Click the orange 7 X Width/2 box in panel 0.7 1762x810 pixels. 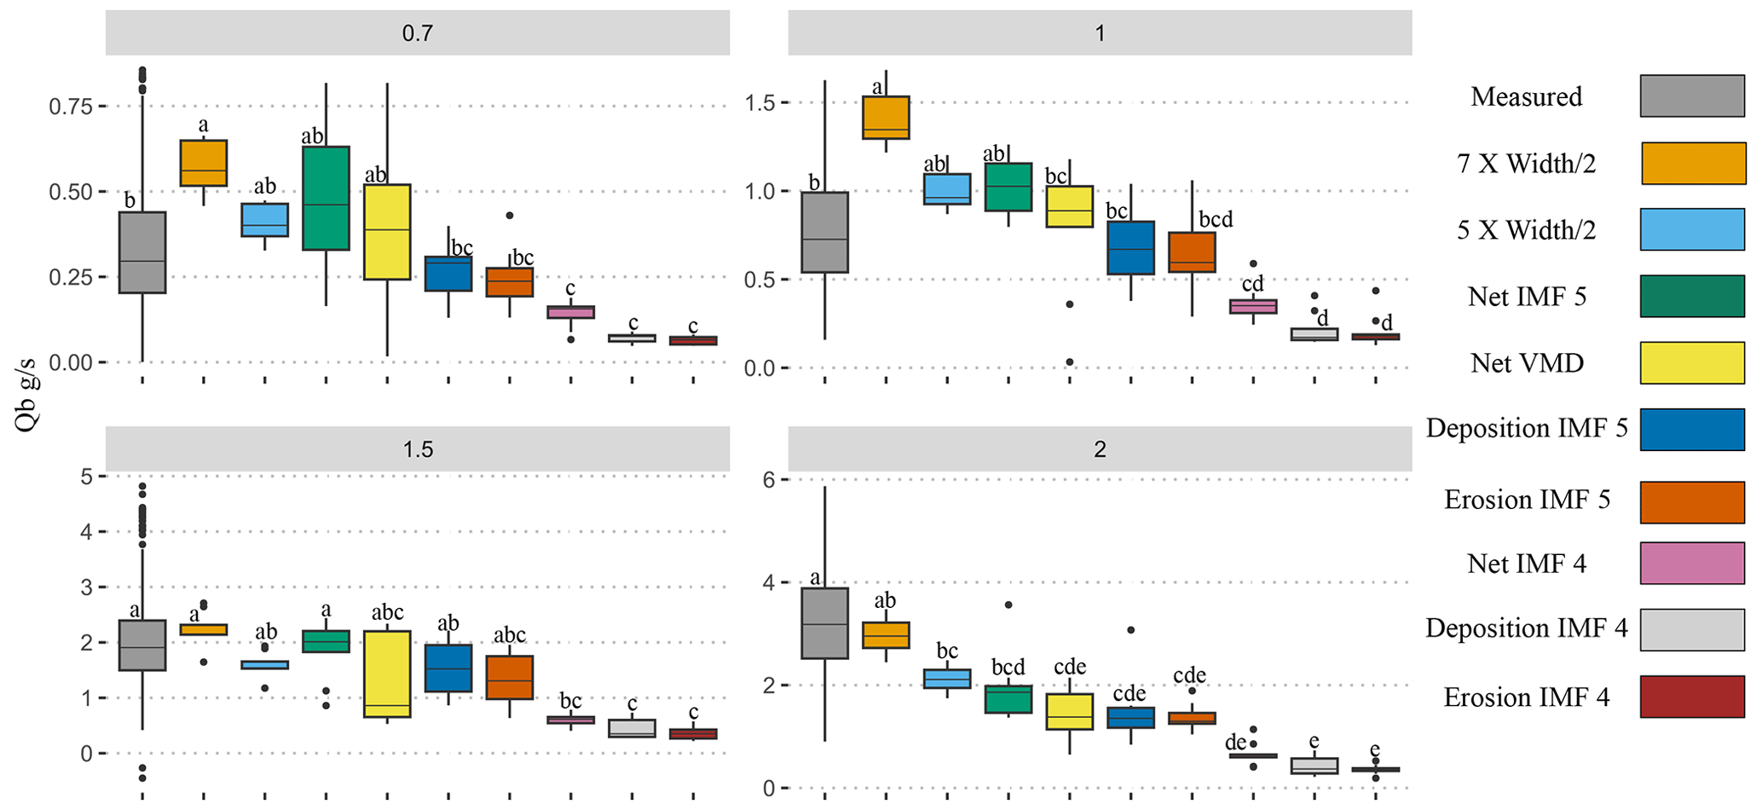pyautogui.click(x=203, y=163)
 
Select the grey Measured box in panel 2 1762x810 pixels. pyautogui.click(x=824, y=623)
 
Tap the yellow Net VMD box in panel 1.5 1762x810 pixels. pyautogui.click(x=387, y=674)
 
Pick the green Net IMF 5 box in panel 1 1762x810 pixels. pyautogui.click(x=1008, y=187)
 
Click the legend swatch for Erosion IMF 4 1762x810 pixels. pyautogui.click(x=1692, y=697)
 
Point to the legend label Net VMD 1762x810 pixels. pyautogui.click(x=1527, y=363)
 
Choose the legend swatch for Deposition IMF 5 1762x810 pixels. pyautogui.click(x=1692, y=430)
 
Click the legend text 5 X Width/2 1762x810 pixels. pyautogui.click(x=1526, y=230)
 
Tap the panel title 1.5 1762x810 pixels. pyautogui.click(x=418, y=449)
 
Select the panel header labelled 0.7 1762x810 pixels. pyautogui.click(x=418, y=33)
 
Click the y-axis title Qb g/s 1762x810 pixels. pyautogui.click(x=27, y=396)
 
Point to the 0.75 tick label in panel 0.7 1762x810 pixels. pyautogui.click(x=70, y=107)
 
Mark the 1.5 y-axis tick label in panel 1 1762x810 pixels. pyautogui.click(x=760, y=103)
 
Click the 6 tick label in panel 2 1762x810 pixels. pyautogui.click(x=769, y=480)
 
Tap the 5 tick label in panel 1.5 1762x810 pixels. pyautogui.click(x=87, y=477)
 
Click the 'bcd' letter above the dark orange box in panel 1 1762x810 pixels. pyautogui.click(x=1216, y=219)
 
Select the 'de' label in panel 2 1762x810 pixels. pyautogui.click(x=1235, y=743)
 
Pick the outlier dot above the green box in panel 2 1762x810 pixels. pyautogui.click(x=1008, y=605)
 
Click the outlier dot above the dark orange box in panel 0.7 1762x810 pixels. pyautogui.click(x=510, y=216)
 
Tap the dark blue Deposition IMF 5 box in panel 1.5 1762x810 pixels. pyautogui.click(x=448, y=668)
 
